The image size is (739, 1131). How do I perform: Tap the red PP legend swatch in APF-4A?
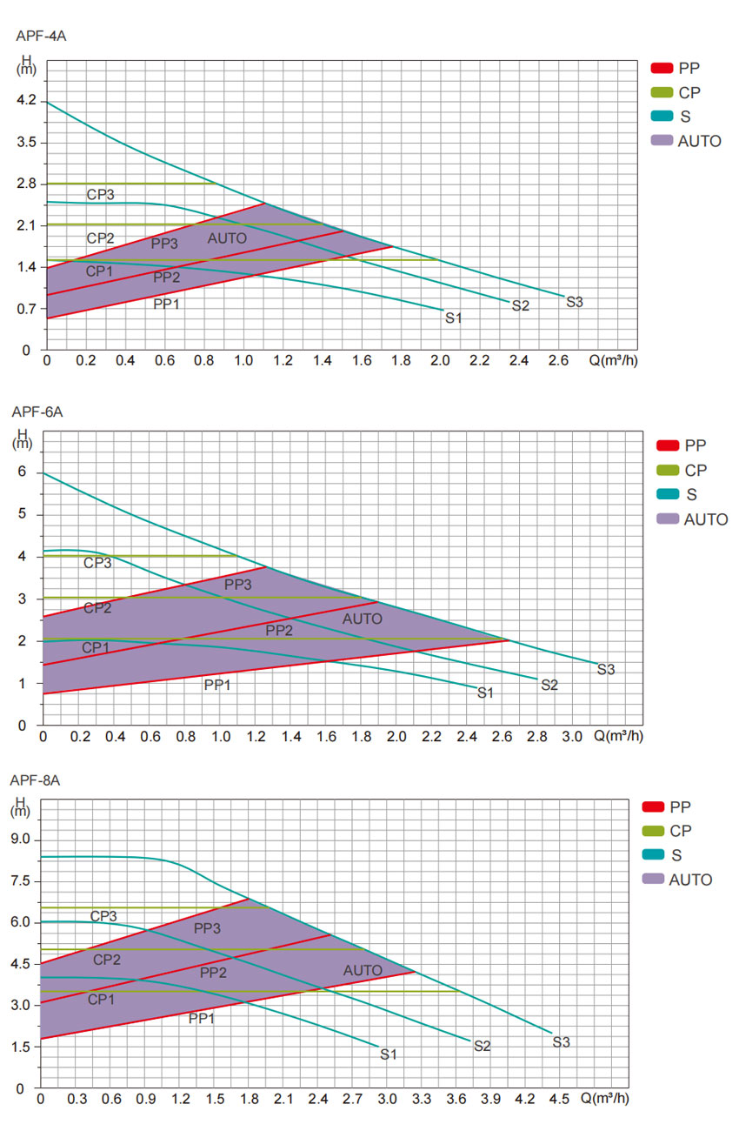[662, 68]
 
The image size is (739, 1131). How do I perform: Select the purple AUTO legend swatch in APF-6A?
[667, 519]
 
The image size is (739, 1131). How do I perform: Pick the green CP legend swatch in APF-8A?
[653, 831]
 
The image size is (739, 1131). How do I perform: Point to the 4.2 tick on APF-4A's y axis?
[26, 101]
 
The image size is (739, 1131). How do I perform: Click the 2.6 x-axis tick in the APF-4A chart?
[559, 360]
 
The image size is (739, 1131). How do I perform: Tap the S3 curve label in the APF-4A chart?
[575, 303]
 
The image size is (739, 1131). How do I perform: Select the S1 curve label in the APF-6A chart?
[485, 693]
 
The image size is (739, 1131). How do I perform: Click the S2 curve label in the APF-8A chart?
[482, 1046]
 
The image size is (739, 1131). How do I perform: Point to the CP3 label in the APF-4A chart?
[100, 194]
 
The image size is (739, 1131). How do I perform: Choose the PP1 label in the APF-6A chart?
[217, 685]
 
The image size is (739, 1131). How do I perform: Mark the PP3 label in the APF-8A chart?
[207, 928]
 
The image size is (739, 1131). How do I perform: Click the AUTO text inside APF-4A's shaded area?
[227, 238]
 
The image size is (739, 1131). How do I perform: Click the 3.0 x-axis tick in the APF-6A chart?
[572, 736]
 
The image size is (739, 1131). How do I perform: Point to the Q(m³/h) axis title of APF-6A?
[619, 736]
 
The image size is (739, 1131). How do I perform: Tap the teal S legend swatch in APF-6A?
[667, 495]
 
